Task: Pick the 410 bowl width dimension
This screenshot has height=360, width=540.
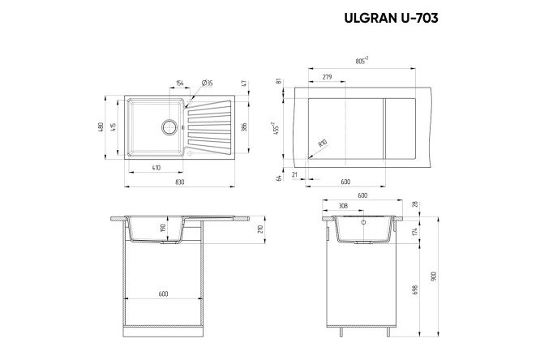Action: [156, 167]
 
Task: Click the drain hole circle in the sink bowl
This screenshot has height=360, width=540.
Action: [169, 126]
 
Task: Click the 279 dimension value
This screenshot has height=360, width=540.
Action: [327, 75]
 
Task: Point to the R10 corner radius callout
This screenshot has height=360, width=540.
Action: [323, 144]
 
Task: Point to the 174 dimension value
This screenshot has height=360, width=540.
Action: [417, 232]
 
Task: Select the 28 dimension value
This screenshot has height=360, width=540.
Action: [417, 204]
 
